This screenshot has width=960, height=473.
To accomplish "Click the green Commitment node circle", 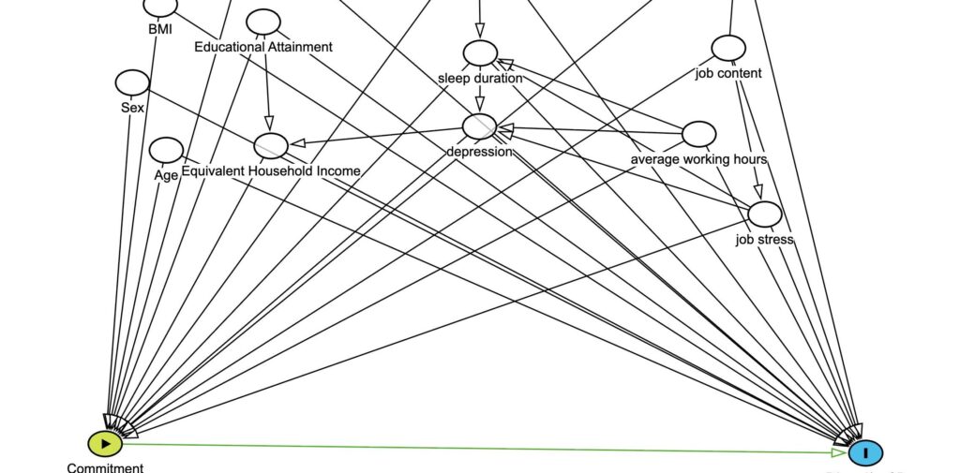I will (x=105, y=443).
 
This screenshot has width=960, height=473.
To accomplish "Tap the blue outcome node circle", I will (x=865, y=453).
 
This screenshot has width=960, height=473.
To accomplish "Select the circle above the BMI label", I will (x=160, y=7).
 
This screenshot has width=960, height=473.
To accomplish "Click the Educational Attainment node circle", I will (x=263, y=22).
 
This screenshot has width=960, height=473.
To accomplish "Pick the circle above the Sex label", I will (x=132, y=82).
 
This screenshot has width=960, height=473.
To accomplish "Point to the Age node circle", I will (x=166, y=150).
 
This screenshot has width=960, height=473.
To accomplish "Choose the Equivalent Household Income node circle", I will (x=271, y=145).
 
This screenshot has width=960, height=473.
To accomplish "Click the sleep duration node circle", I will (x=479, y=53).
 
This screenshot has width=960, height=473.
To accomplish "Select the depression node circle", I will (x=479, y=126).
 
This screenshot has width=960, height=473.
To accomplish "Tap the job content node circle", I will (x=727, y=48).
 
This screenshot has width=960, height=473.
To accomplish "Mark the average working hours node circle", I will (x=698, y=134).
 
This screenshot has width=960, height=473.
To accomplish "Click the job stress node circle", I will (x=764, y=214).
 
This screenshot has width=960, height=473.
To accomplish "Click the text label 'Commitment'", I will (x=105, y=467).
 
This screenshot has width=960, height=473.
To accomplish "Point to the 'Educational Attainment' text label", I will (x=263, y=47).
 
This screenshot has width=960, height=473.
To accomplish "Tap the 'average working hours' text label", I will (x=698, y=159).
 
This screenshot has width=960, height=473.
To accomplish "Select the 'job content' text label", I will (x=728, y=73).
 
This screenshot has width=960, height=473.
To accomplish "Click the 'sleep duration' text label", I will (x=479, y=78).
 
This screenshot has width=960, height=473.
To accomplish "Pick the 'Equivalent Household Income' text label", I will (x=271, y=170).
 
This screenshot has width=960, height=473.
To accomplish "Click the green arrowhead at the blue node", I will (x=837, y=452).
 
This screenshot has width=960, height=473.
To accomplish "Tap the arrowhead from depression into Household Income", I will (x=297, y=143).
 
